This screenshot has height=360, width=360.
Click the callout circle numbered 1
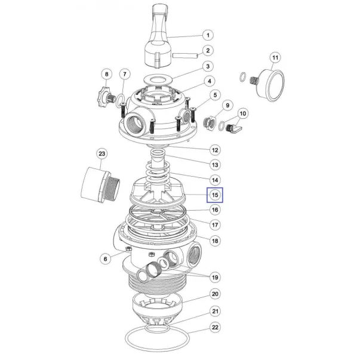click(208, 35)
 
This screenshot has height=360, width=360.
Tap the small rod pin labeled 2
click(185, 56)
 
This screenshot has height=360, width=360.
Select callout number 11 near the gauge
click(275, 58)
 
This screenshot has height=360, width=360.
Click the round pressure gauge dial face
click(275, 85)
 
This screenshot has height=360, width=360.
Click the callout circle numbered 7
click(125, 74)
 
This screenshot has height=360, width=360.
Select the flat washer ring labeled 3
click(158, 79)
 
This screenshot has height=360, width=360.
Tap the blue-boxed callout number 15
click(215, 195)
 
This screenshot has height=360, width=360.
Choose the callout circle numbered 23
click(101, 153)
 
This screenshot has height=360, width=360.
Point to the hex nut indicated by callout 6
click(128, 248)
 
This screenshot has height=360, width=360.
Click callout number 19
click(215, 278)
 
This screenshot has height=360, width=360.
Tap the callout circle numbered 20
click(215, 294)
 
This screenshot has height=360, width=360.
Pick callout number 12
click(215, 150)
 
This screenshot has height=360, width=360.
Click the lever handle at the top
click(160, 36)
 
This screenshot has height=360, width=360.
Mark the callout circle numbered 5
click(215, 95)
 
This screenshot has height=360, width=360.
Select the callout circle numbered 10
click(242, 113)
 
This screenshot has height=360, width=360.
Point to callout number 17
click(215, 224)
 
